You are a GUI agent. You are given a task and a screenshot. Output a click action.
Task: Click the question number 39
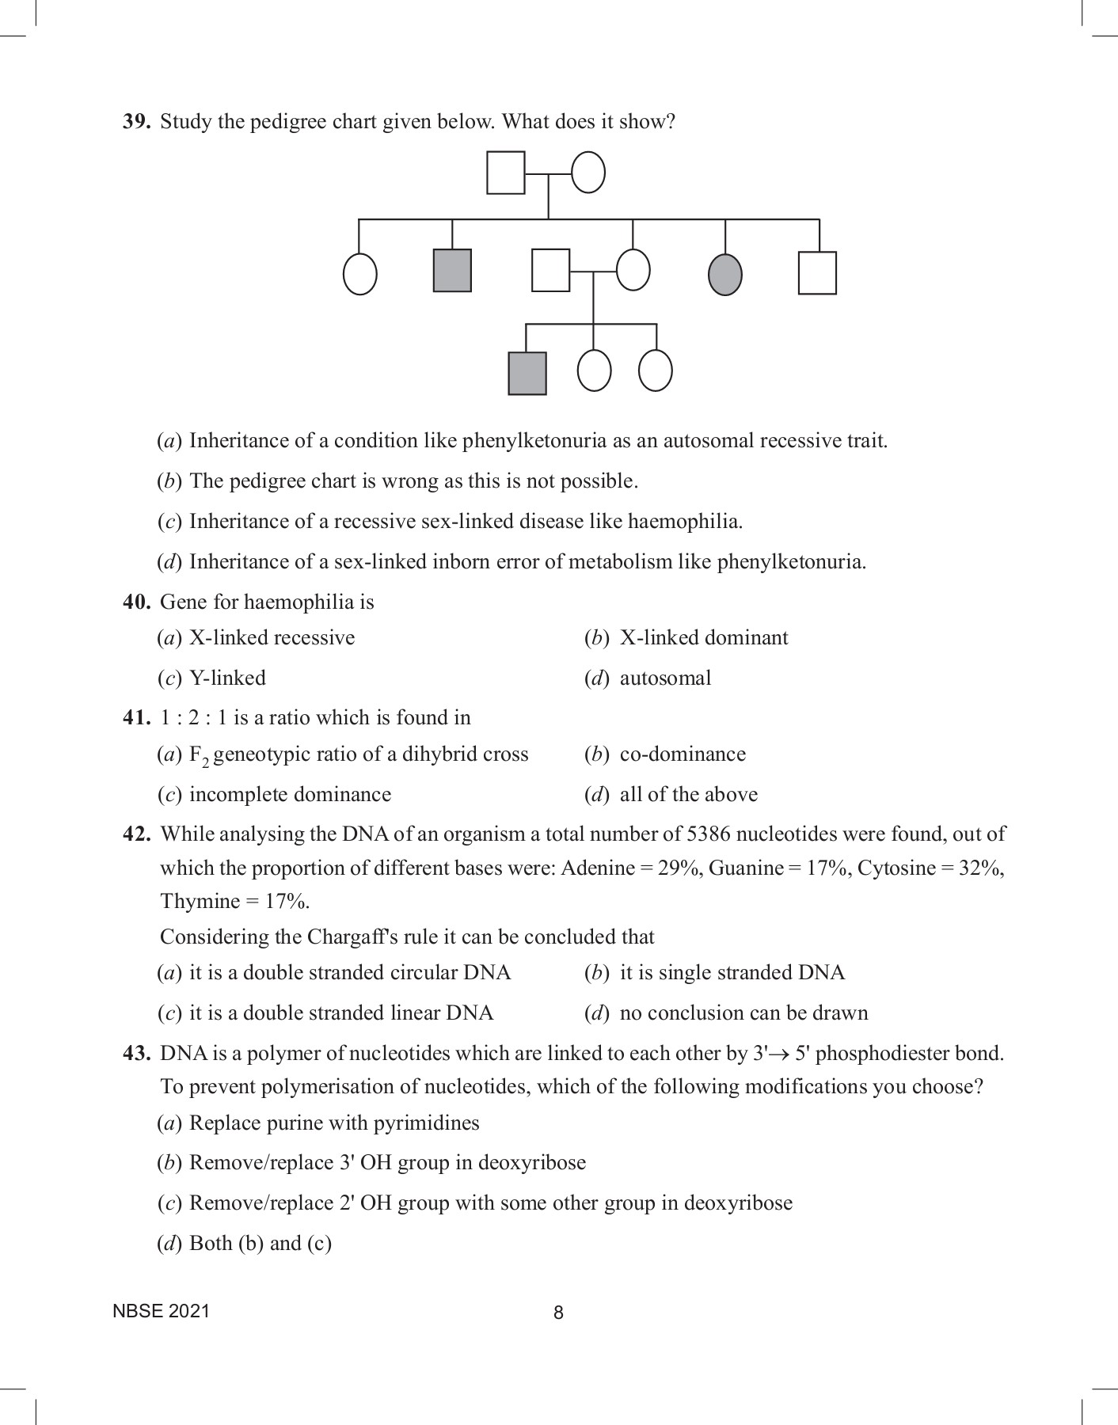(x=136, y=122)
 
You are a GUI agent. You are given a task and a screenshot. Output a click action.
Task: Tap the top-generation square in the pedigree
(x=505, y=173)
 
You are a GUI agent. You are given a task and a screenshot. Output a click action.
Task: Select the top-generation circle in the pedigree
(x=588, y=173)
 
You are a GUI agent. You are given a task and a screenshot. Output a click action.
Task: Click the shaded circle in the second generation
(x=725, y=274)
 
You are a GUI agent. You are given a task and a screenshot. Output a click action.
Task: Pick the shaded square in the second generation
(x=452, y=271)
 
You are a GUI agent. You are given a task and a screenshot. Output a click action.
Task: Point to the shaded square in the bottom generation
(x=527, y=373)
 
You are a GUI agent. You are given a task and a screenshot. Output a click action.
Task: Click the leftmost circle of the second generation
(x=359, y=275)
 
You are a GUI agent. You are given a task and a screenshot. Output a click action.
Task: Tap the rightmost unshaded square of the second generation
(x=817, y=273)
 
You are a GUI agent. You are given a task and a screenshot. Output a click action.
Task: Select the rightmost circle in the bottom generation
(x=656, y=370)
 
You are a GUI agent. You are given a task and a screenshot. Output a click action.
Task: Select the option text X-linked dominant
(x=704, y=638)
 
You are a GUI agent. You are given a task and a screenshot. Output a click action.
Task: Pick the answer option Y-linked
(x=227, y=678)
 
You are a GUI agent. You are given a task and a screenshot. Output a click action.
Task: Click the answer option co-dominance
(x=683, y=754)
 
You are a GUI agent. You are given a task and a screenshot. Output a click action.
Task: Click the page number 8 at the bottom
(x=558, y=1313)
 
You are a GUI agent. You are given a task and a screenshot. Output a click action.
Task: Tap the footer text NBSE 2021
(x=162, y=1311)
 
